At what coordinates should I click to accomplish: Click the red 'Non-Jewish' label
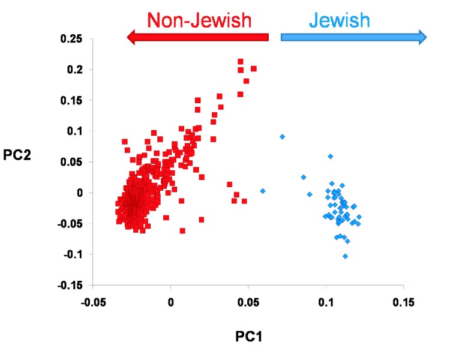[x=199, y=20]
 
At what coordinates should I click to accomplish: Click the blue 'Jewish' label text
[x=340, y=20]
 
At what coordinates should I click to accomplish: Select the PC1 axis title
[x=248, y=337]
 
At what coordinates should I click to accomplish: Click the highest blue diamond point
[x=282, y=137]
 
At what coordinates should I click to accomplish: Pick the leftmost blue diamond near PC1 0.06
[x=262, y=191]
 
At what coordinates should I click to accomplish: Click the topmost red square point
[x=241, y=62]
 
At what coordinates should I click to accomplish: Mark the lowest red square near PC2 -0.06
[x=182, y=231]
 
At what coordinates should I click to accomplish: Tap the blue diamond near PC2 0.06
[x=330, y=157]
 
